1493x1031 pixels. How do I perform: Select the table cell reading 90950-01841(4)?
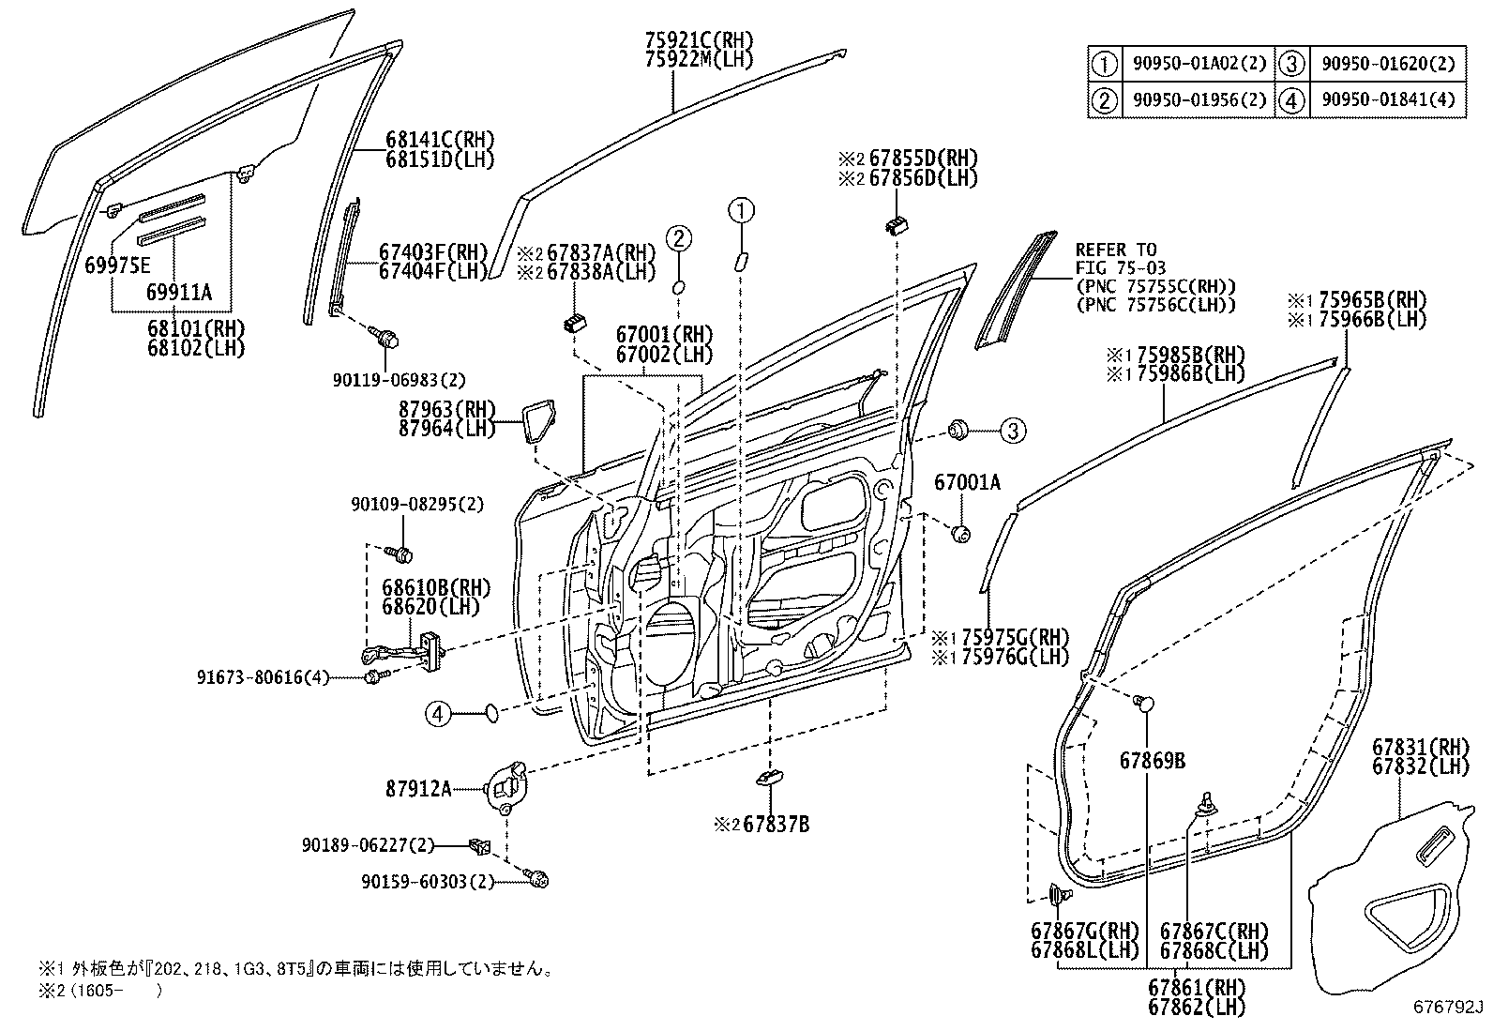tap(1388, 100)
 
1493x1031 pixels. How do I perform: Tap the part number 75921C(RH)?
tap(700, 40)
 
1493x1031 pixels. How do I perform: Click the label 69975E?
tap(117, 265)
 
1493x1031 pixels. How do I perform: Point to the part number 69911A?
tap(178, 292)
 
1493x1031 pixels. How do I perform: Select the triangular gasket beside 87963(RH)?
tap(538, 421)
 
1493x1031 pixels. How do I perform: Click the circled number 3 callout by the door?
tap(1013, 431)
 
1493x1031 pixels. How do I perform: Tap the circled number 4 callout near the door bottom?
tap(438, 715)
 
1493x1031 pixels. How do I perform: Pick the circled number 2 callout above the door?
tap(679, 238)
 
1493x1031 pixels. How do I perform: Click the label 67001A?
tap(967, 482)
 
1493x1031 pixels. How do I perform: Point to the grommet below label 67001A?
tap(960, 534)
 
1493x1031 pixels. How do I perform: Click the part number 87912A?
tap(418, 790)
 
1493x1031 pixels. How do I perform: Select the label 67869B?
tap(1153, 761)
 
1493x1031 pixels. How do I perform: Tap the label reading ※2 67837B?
tap(762, 825)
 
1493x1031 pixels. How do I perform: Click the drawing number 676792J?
tap(1449, 1007)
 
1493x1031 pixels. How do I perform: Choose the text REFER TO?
tap(1116, 250)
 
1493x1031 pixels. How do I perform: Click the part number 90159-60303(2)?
tap(428, 882)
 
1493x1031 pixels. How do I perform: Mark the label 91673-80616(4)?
tap(263, 677)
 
